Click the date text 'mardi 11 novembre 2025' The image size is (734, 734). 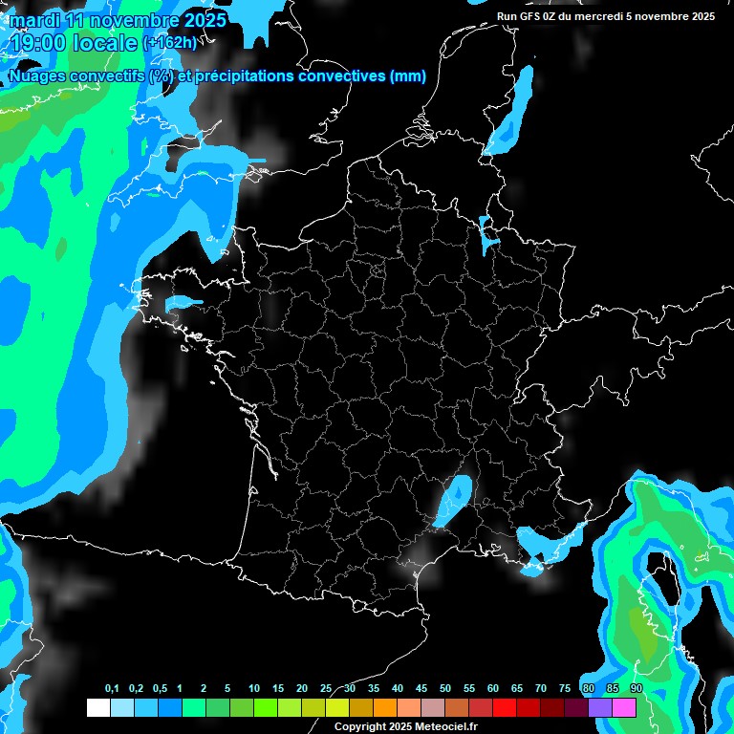[x=118, y=20]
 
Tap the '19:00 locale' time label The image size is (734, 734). [x=76, y=42]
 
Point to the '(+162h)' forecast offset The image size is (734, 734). [x=170, y=43]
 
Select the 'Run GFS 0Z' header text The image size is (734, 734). [x=530, y=16]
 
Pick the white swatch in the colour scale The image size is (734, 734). [x=97, y=708]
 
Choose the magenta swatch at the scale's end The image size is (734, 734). [x=624, y=708]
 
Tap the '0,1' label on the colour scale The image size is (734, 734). [x=112, y=689]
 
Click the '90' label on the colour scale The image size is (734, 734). [x=636, y=689]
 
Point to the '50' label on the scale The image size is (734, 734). [x=445, y=689]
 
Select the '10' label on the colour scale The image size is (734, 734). [x=254, y=689]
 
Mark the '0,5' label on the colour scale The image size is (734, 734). [x=160, y=689]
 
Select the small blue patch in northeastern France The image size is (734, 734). [x=487, y=235]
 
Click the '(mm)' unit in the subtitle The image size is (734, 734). [x=408, y=76]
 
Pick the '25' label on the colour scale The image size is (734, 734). [x=326, y=689]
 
